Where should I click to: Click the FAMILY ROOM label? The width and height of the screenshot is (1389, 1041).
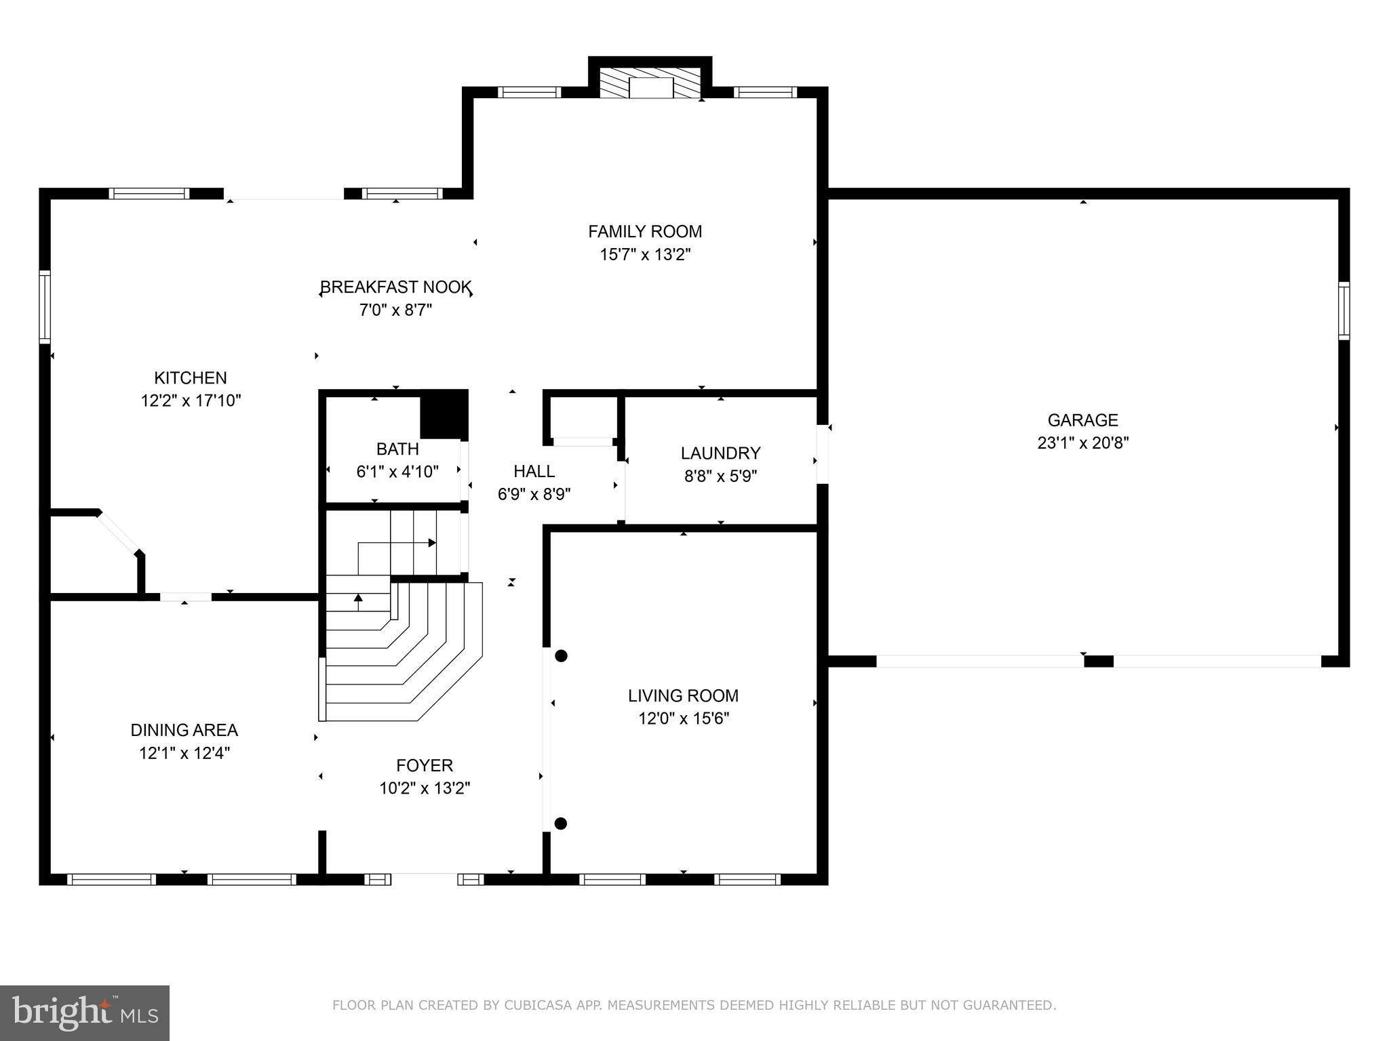click(644, 232)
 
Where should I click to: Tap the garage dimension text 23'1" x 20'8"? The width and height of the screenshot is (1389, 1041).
click(1082, 443)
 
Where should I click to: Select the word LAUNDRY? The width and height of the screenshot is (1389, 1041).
click(720, 453)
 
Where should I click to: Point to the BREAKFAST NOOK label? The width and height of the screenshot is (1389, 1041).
click(396, 287)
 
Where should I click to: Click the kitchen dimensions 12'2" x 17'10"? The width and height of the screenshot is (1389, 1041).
click(191, 401)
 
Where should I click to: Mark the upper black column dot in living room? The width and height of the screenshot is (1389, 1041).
click(561, 655)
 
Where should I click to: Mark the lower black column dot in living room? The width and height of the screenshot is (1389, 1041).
click(560, 823)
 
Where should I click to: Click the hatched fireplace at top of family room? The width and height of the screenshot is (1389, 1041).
click(650, 83)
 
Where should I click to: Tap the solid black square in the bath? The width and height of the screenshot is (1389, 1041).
click(444, 414)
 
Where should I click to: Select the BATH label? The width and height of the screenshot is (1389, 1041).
click(397, 449)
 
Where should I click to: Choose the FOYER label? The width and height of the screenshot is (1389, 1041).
click(425, 766)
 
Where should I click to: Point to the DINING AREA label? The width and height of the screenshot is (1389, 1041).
click(184, 731)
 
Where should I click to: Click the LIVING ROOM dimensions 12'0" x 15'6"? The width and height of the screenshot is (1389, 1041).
click(683, 718)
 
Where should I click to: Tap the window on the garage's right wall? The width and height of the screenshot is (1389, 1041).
click(1343, 310)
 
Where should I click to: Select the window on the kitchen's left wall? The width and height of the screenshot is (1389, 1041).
click(45, 306)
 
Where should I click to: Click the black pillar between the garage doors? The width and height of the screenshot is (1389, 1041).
click(1098, 661)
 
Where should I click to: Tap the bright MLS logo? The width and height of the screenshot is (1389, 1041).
click(85, 1013)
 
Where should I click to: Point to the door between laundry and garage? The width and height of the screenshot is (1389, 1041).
click(822, 453)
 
